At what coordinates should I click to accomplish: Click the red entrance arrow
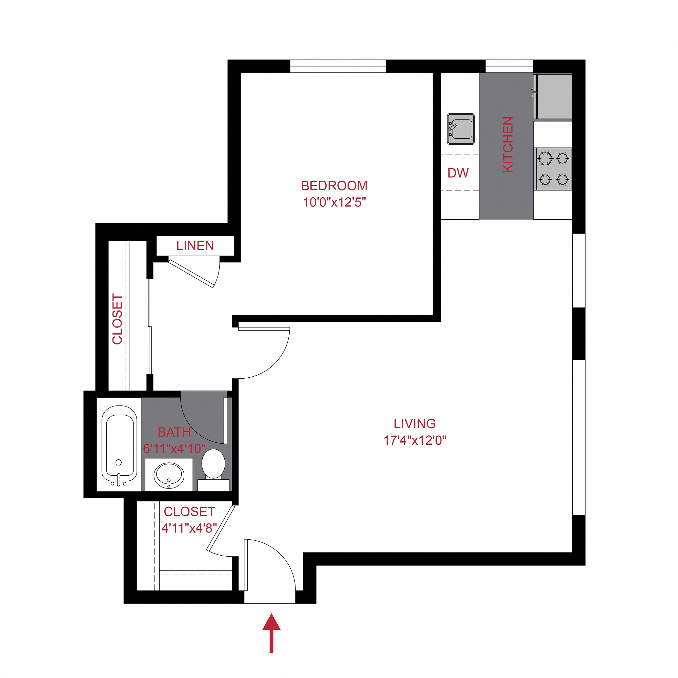pos(271,632)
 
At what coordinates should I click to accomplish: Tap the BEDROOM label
pos(334,186)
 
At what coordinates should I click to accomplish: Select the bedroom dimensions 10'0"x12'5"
pos(334,203)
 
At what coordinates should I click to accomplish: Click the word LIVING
pos(414,424)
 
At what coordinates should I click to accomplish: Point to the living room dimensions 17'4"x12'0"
pos(414,440)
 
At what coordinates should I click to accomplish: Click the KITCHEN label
pos(508,144)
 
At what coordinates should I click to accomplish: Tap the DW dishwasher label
pos(458,173)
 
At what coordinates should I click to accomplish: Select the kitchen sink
pos(460,129)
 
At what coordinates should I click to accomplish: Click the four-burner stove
pos(553,169)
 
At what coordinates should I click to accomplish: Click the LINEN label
pos(195,246)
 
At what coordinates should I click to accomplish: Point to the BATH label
pos(174,432)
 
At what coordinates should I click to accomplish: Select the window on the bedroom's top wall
pos(337,66)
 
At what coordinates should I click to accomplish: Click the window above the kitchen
pos(509,66)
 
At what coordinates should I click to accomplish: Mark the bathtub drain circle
pos(119,462)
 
